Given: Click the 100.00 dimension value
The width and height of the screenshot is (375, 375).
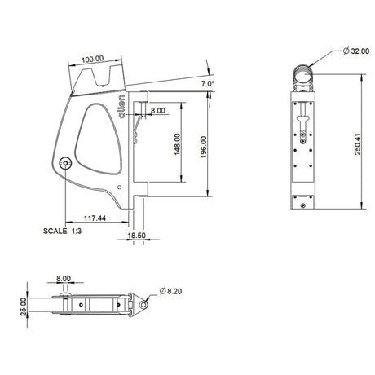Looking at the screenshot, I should click(92, 59).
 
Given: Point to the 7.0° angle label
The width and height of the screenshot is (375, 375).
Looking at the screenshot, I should click(208, 83).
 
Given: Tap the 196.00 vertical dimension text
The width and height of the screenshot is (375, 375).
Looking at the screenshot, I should click(204, 149).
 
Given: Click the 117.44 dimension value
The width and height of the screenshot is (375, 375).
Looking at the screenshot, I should click(95, 218).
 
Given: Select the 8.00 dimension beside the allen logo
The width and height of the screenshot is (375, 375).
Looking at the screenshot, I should click(157, 109).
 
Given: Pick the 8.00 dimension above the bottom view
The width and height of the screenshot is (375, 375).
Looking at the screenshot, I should click(64, 278).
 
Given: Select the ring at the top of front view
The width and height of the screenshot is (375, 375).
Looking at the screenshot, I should click(302, 76).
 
